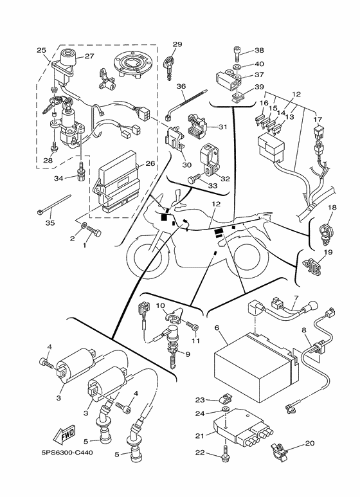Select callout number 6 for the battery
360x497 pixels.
tap(217, 328)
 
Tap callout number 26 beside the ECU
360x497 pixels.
tap(150, 163)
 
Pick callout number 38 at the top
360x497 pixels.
tap(259, 50)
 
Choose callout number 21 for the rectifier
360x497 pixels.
tap(199, 435)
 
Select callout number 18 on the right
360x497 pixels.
tap(332, 208)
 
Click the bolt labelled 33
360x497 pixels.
tap(196, 182)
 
